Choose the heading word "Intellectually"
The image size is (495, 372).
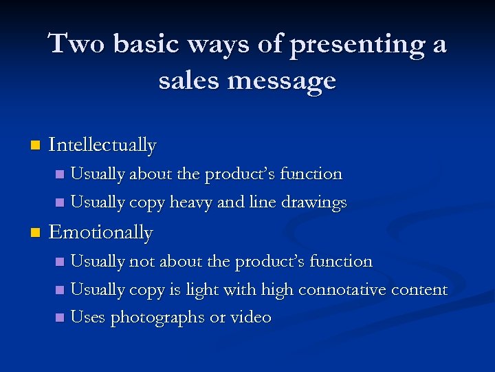click(103, 145)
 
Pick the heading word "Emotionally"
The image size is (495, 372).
click(101, 232)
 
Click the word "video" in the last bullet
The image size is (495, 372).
click(252, 317)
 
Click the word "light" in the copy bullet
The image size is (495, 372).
click(200, 290)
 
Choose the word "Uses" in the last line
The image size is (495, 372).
click(88, 317)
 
